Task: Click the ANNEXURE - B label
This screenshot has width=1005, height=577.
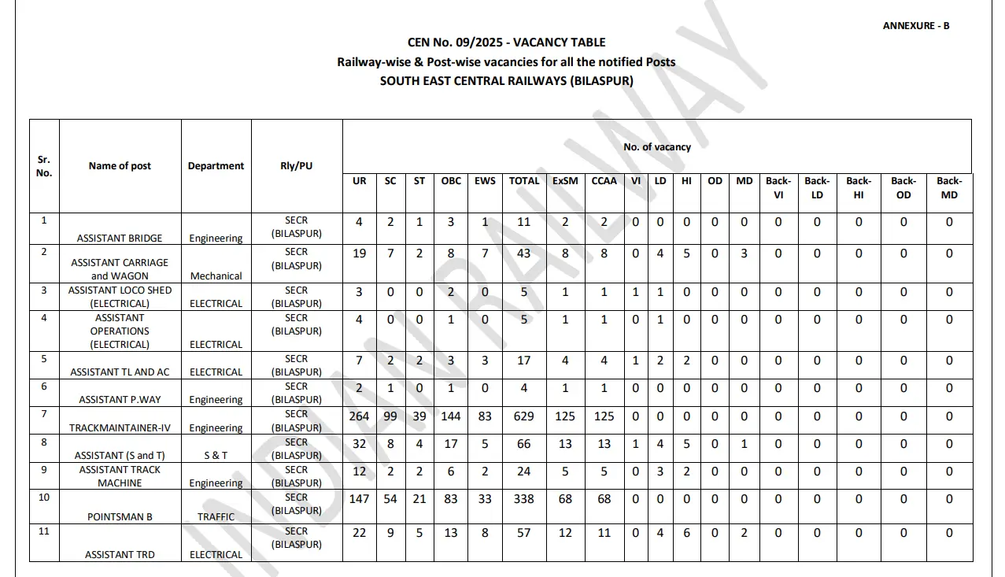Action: click(x=916, y=26)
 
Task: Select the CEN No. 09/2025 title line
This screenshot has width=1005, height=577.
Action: click(x=506, y=43)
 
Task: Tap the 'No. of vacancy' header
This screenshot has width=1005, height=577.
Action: click(x=656, y=147)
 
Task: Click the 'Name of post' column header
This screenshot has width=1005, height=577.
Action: click(x=120, y=166)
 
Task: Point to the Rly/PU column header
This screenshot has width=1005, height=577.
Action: click(x=297, y=166)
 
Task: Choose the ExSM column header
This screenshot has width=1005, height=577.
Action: click(x=565, y=181)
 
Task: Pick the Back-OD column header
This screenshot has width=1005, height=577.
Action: click(x=903, y=187)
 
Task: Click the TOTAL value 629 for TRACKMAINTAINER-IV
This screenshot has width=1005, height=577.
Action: click(x=523, y=416)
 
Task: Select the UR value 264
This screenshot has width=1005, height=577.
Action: click(x=359, y=416)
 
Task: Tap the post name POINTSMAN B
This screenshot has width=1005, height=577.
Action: click(x=120, y=517)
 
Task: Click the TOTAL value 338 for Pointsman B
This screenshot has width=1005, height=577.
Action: click(x=523, y=499)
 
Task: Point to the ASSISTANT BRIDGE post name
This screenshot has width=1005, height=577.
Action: click(x=120, y=238)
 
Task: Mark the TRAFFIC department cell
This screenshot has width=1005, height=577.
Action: click(x=216, y=517)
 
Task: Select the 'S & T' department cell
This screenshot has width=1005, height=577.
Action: click(x=216, y=456)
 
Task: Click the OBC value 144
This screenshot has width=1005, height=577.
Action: click(x=451, y=416)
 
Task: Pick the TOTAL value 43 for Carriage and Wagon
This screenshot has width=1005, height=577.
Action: click(x=523, y=253)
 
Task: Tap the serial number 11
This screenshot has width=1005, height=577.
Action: click(x=44, y=531)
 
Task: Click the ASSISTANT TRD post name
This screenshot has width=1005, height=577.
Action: click(x=120, y=554)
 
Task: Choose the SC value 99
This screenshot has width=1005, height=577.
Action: click(x=390, y=416)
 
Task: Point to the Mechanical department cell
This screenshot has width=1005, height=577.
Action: click(x=216, y=276)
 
